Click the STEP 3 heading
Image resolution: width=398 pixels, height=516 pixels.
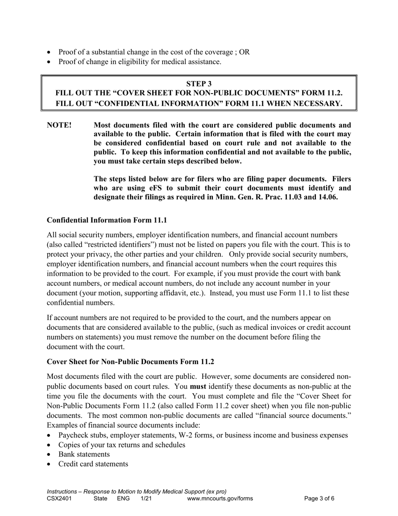[199, 84]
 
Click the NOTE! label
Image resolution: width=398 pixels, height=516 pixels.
[59, 125]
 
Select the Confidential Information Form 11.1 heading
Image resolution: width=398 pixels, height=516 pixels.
[107, 220]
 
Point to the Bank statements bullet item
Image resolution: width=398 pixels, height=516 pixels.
[84, 454]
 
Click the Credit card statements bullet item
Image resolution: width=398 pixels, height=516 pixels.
[93, 464]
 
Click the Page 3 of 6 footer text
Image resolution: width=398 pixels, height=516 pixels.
[319, 499]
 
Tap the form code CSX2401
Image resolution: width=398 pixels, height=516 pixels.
[59, 499]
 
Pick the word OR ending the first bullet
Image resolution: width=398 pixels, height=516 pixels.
[244, 52]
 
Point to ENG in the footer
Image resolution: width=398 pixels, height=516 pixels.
[123, 499]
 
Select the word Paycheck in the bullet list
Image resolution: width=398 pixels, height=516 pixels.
[73, 435]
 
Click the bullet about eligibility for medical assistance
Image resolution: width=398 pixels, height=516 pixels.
[140, 62]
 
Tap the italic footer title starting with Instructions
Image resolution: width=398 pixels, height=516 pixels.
[137, 491]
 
